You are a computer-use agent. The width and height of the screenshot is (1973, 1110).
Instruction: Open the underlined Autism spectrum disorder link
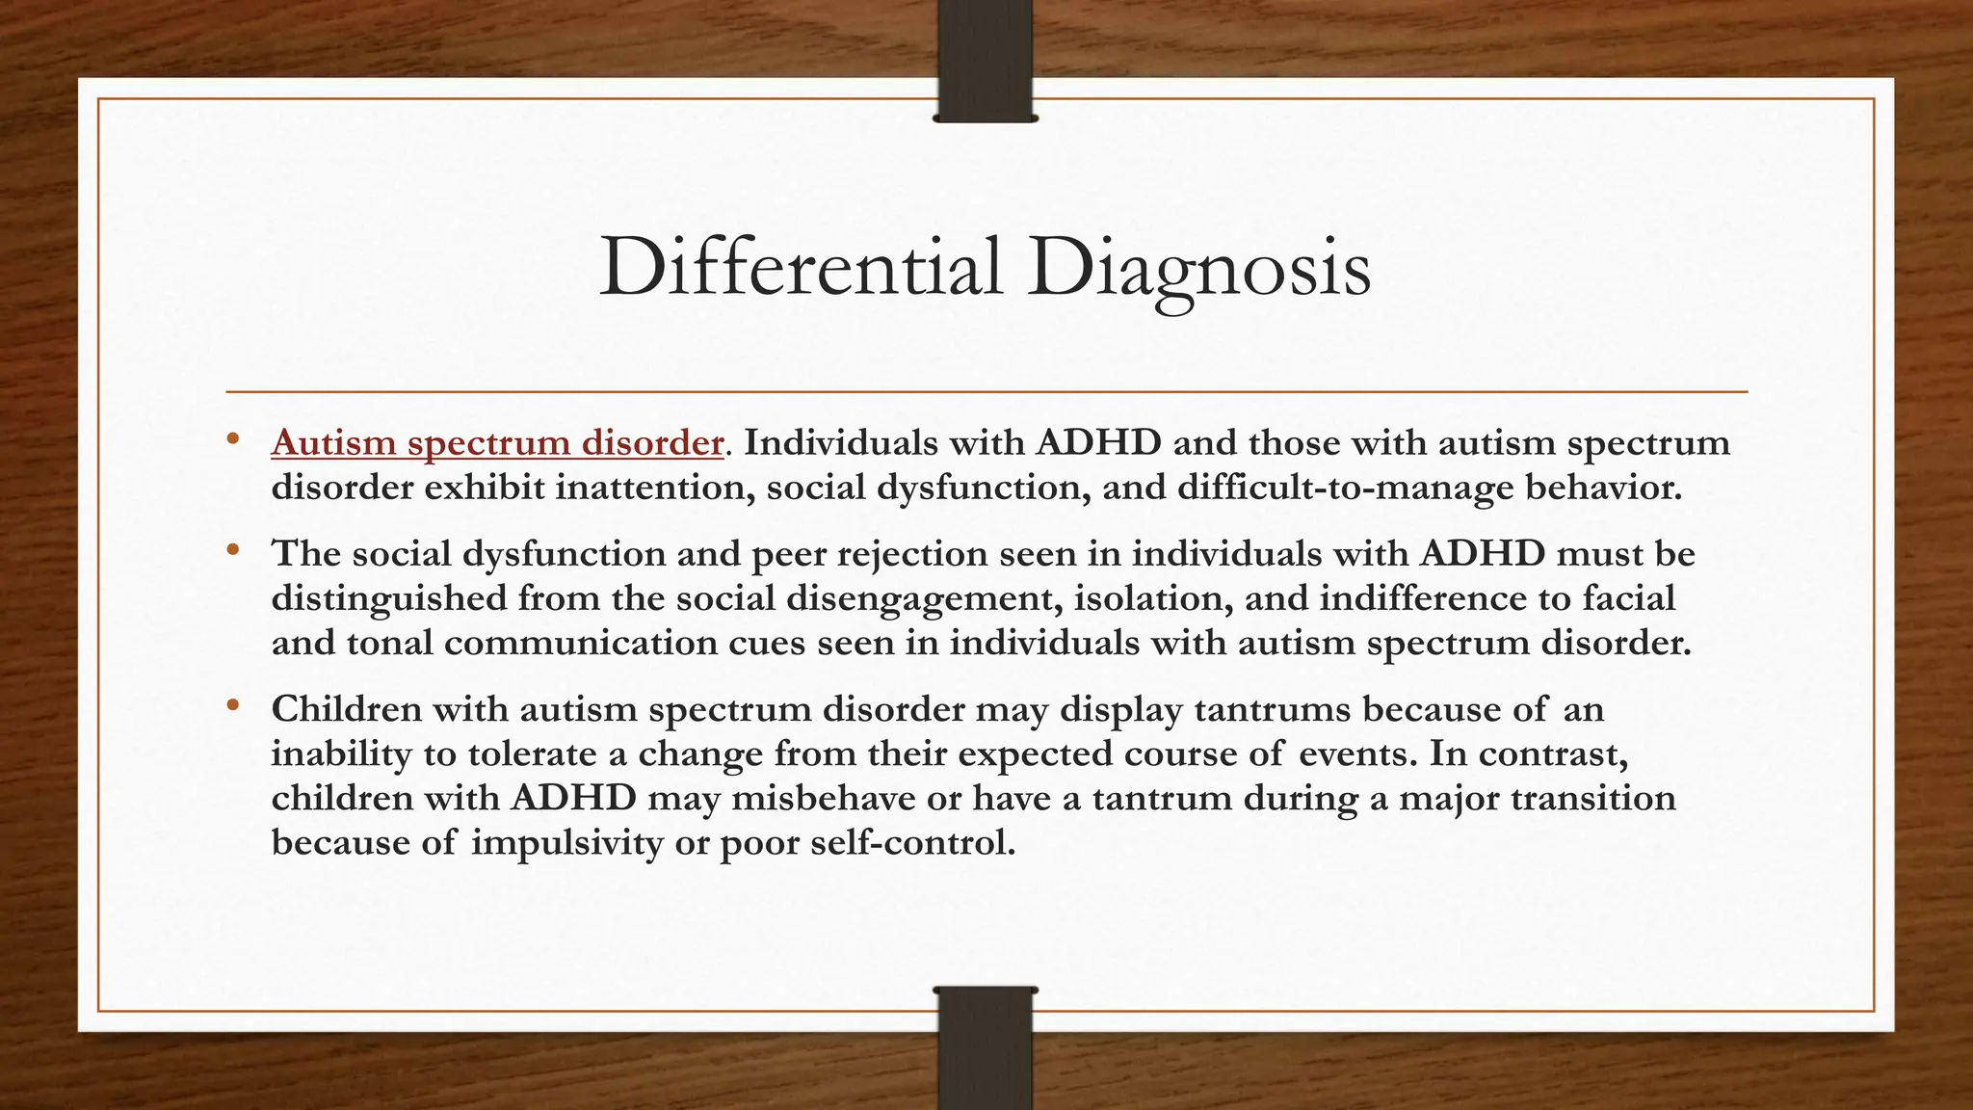[x=497, y=442]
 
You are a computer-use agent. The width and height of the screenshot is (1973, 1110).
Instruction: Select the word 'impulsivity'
[x=553, y=843]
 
